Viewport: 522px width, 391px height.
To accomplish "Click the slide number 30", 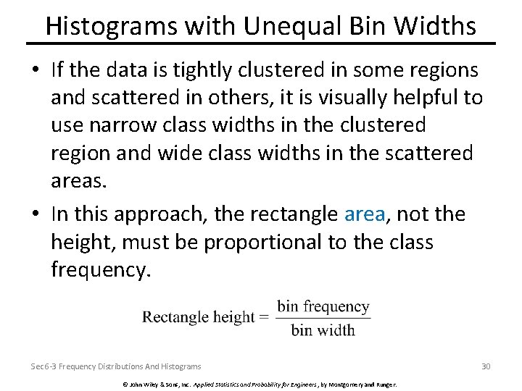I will (486, 366).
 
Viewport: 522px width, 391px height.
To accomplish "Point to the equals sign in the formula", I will (265, 317).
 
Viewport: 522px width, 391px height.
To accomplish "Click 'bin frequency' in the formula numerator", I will (323, 306).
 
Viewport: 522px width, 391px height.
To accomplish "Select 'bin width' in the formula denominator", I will (323, 330).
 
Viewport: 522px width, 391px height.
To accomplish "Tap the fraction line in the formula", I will (323, 318).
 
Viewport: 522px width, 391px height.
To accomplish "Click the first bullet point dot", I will (36, 71).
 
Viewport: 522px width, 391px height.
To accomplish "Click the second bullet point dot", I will (36, 214).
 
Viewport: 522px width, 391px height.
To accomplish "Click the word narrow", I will (126, 125).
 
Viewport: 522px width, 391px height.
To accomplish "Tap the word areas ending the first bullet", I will (79, 180).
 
